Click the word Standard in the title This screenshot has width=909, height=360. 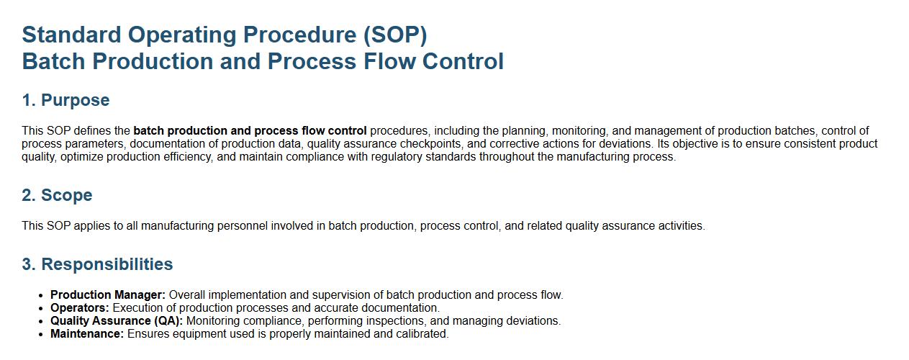(71, 35)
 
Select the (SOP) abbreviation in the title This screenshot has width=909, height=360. (395, 35)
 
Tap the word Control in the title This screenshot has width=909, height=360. (463, 62)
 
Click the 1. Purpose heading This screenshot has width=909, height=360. (65, 100)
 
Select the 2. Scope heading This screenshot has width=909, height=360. (58, 195)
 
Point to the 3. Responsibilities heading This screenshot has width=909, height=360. (97, 264)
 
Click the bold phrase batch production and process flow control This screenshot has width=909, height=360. (250, 131)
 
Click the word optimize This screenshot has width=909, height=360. (81, 157)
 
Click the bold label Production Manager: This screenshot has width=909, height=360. (108, 295)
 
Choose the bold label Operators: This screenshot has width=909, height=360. (80, 308)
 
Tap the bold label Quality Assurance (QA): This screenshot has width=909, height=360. (117, 321)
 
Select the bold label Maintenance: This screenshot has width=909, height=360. (87, 334)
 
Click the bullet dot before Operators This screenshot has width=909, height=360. (40, 308)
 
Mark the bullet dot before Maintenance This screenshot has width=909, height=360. (40, 334)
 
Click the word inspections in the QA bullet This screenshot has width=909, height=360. (396, 321)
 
